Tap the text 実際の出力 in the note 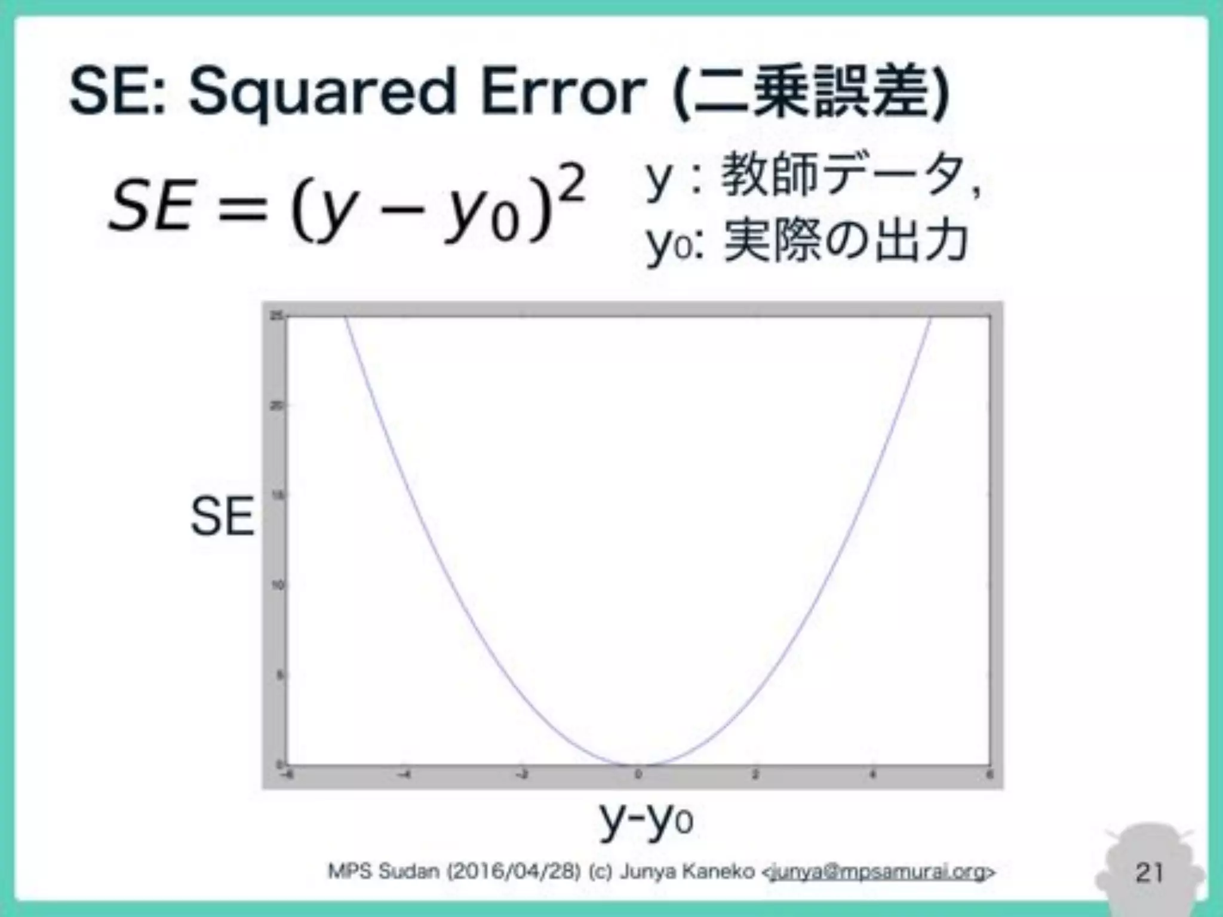[846, 242]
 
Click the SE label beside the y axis [222, 517]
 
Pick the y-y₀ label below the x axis [646, 818]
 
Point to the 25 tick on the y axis [276, 316]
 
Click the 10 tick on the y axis [276, 586]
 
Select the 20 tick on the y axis [276, 406]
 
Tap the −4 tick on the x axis [404, 775]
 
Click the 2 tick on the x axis [755, 775]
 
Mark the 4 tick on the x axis [872, 775]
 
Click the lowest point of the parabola [638, 764]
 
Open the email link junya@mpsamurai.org [878, 872]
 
